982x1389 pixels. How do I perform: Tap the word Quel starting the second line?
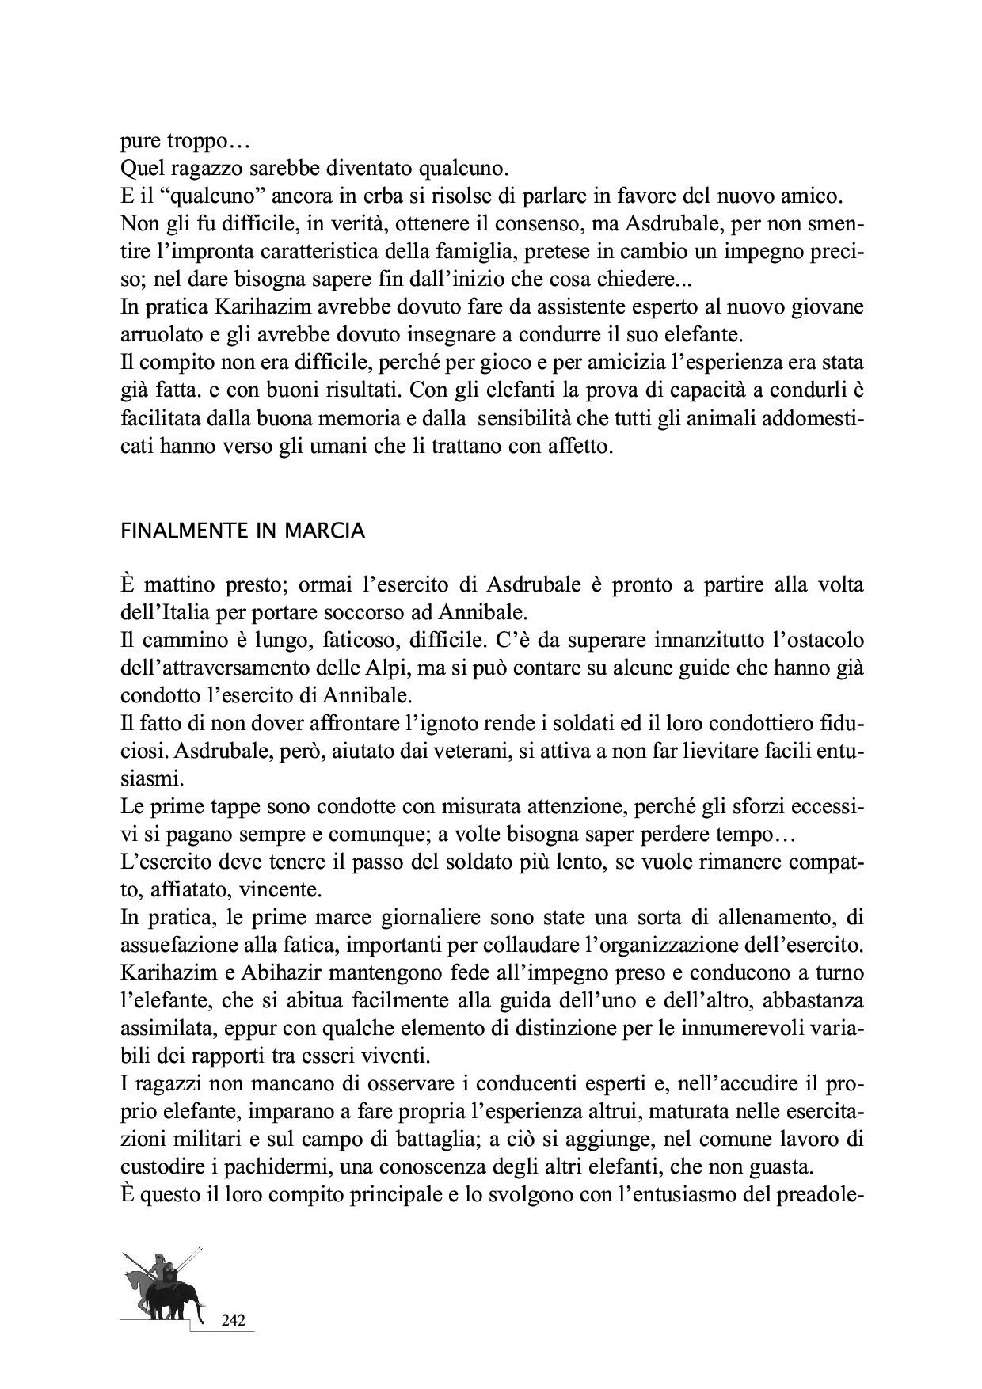[141, 169]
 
